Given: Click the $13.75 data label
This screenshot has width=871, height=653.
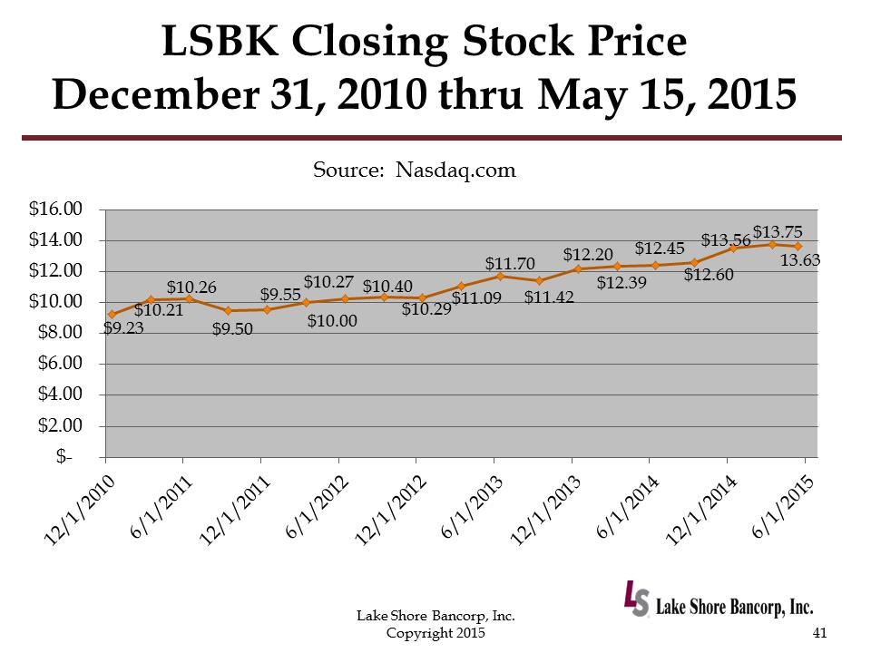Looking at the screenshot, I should (x=778, y=231).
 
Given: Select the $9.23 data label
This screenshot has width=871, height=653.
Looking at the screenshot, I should (x=123, y=328).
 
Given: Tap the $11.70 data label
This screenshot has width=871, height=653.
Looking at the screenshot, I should (x=509, y=264).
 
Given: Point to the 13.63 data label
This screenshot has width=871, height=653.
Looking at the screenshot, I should (x=801, y=261).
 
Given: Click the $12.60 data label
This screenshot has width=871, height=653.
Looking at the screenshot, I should (x=709, y=275).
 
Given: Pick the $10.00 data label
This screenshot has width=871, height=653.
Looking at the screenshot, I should (x=331, y=320).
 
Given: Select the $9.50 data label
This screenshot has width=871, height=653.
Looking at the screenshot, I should (x=232, y=329).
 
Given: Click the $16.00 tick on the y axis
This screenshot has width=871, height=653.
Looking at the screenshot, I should (x=56, y=210).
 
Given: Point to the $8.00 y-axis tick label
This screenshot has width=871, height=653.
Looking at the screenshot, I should (x=60, y=333).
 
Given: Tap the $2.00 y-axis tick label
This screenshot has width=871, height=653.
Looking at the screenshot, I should (x=60, y=425).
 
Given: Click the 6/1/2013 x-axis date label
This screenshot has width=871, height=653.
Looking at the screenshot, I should (x=467, y=507).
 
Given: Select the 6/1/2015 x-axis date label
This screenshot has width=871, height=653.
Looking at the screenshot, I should (x=780, y=507).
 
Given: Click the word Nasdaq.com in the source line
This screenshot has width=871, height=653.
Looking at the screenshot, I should (x=456, y=170).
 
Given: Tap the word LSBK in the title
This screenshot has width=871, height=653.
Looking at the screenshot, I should (x=220, y=44).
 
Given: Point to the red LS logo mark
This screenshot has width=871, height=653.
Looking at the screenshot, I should (x=636, y=599).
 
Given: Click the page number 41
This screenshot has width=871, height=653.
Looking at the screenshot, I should (x=820, y=633).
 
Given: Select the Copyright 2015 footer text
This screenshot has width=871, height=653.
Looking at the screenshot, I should (x=435, y=632).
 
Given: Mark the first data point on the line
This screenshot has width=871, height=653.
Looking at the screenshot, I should (x=112, y=314).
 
